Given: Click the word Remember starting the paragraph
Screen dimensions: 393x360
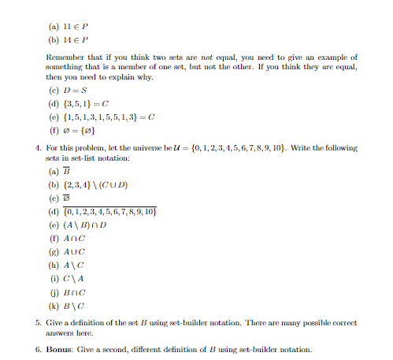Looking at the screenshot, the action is click(72, 58).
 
